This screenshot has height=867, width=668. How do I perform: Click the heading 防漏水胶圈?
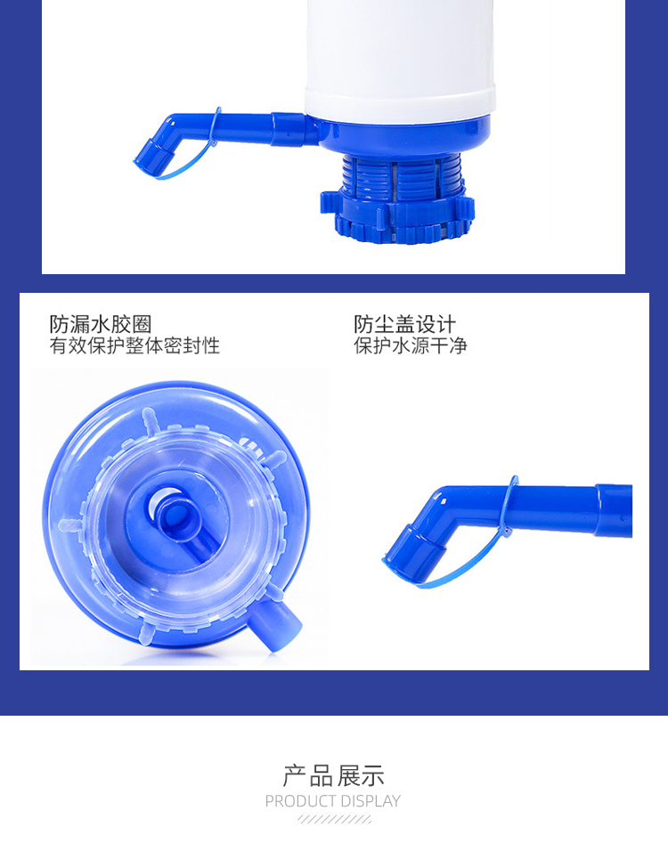tap(100, 325)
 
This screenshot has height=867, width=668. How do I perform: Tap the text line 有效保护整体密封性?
tap(134, 345)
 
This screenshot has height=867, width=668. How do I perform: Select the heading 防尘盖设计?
tap(404, 325)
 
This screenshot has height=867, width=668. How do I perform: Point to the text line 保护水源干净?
tap(410, 345)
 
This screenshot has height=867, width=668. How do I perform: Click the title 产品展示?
tap(333, 776)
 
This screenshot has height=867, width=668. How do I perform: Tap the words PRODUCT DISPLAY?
tap(332, 800)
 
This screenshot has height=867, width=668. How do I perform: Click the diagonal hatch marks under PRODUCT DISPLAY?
tap(334, 819)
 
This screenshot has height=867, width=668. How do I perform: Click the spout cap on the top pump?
tap(152, 156)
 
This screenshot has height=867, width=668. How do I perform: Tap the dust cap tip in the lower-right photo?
tap(413, 552)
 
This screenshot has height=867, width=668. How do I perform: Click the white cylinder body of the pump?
tap(400, 58)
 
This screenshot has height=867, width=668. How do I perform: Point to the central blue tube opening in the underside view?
tap(173, 515)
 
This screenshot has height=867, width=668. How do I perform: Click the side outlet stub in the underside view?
tap(275, 624)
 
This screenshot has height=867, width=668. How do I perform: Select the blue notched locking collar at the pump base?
tap(397, 215)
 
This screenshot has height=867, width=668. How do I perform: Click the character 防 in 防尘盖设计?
tap(364, 325)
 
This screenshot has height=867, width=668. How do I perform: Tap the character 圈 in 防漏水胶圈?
tap(141, 325)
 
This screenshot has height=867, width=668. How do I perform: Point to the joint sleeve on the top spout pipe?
tap(288, 130)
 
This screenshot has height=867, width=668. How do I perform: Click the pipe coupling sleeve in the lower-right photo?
tap(613, 510)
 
